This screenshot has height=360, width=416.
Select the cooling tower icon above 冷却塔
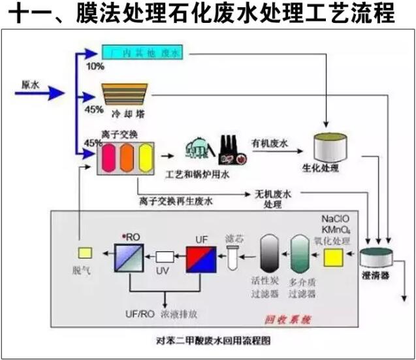click(127, 94)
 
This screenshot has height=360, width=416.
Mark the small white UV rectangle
click(167, 257)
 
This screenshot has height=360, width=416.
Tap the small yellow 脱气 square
click(84, 252)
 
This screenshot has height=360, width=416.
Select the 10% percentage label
click(94, 67)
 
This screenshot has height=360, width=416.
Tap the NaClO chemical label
click(335, 218)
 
